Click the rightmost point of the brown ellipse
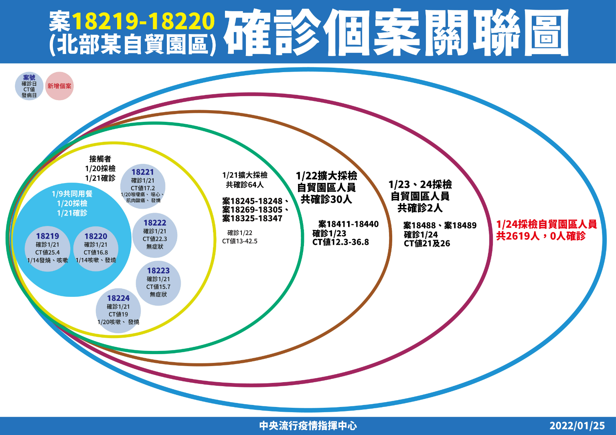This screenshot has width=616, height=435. pos(391,238)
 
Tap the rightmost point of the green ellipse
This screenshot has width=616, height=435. pos(303,238)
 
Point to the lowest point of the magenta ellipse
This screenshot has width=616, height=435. pos(250,386)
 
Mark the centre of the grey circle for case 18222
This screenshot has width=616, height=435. pos(155,235)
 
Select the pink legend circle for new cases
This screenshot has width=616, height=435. pos(59,86)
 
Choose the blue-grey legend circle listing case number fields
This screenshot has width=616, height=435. pos(29,86)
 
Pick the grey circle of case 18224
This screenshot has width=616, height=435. pos(118,310)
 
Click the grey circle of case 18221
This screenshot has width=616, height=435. pos(143,186)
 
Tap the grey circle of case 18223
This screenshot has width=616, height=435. pos(158,283)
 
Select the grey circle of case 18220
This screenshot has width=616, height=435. pos(96,249)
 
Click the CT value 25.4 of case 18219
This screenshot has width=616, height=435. pos(48,252)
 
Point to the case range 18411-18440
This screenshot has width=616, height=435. pos(349,224)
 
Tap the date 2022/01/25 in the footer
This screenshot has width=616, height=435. pos(577,426)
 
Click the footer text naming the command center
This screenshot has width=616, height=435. pos(308,426)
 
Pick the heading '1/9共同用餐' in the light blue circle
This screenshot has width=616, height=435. pos(72,194)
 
